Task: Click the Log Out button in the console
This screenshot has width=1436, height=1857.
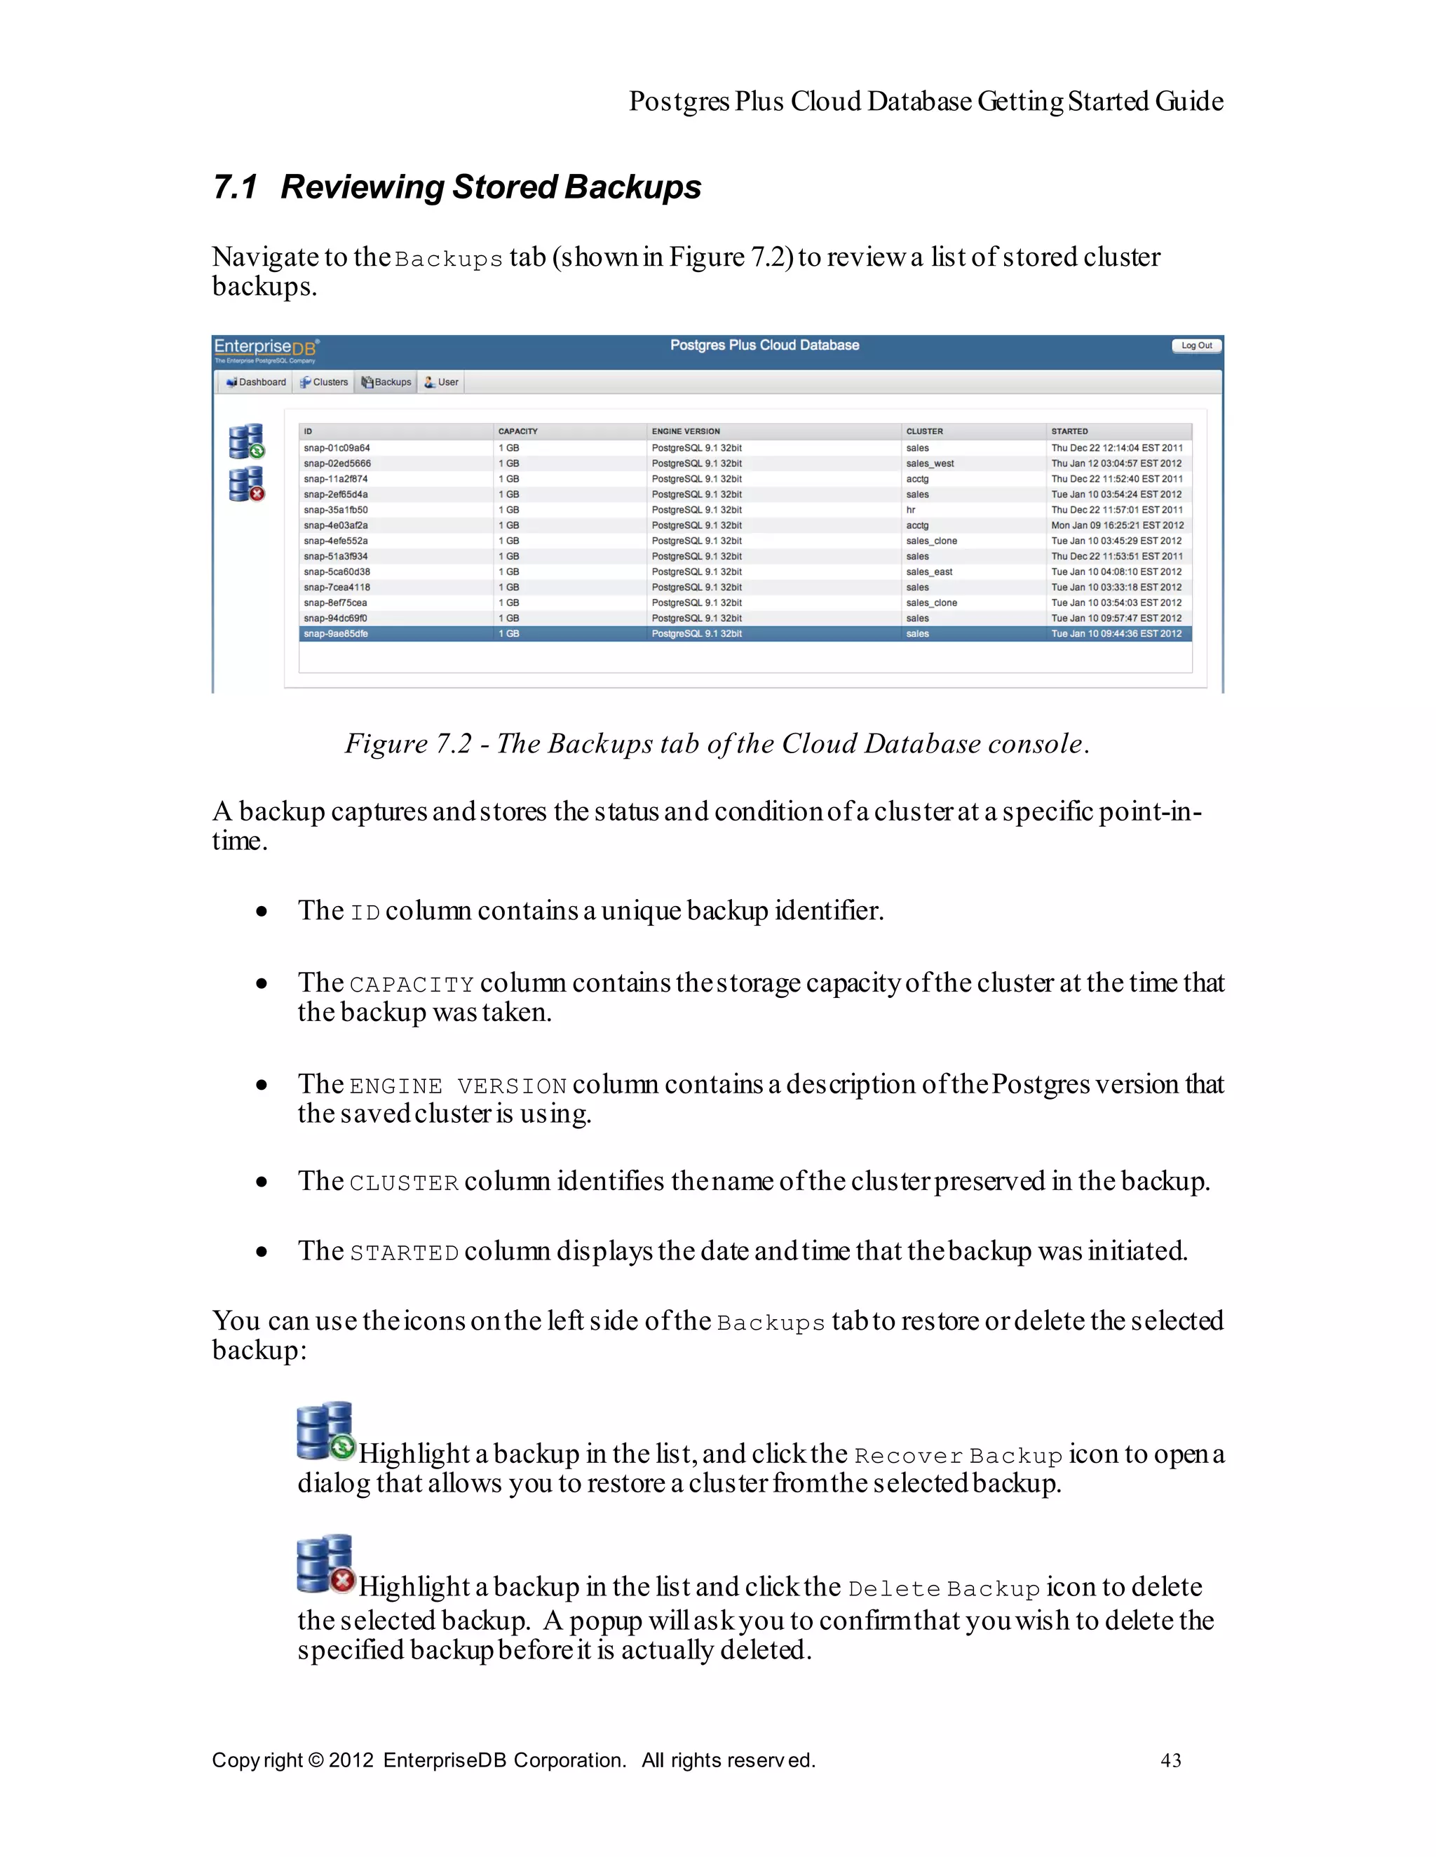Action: click(1196, 345)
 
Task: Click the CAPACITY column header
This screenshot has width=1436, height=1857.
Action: click(517, 431)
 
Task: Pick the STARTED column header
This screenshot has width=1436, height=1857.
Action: click(1069, 431)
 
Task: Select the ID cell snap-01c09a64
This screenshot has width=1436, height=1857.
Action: click(337, 448)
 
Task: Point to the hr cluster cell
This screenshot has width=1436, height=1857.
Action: click(911, 510)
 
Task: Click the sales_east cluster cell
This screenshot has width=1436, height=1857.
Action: click(928, 572)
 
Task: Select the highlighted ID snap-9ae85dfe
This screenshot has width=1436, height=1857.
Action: click(336, 634)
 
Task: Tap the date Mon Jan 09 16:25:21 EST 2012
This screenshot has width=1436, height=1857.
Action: click(1116, 525)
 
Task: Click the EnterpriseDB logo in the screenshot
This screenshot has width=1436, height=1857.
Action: click(265, 349)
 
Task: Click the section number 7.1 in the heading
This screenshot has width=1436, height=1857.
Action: click(235, 187)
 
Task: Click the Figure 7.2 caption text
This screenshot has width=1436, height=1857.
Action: click(717, 744)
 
